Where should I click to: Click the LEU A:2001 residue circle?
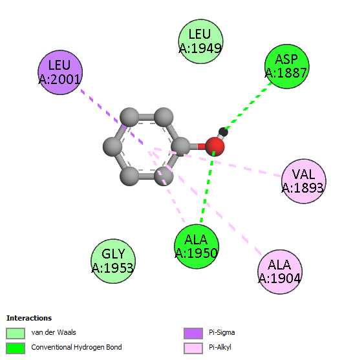pos(60,72)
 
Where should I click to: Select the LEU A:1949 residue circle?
pos(201,41)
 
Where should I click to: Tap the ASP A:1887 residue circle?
pos(287,67)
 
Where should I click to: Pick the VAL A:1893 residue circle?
pos(304,181)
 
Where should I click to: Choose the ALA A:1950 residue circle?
pos(197,246)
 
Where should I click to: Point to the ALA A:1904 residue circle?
pos(280,272)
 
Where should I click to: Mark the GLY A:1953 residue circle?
pos(113,261)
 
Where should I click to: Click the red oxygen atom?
pos(215,147)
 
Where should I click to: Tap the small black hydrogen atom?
pos(223,132)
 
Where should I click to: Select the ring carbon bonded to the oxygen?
pos(180,147)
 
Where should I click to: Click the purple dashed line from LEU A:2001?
pos(112,117)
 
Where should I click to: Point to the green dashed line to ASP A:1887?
pos(248,106)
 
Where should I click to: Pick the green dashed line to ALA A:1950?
pos(208,187)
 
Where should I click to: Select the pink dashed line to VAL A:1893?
pos(218,162)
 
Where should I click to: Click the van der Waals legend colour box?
pos(16,334)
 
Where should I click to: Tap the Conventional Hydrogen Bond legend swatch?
pos(16,348)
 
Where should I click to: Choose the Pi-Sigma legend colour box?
pos(193,334)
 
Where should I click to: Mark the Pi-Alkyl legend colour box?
pos(193,348)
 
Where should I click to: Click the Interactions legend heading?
pos(29,318)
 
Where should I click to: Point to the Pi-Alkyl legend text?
pos(220,347)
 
